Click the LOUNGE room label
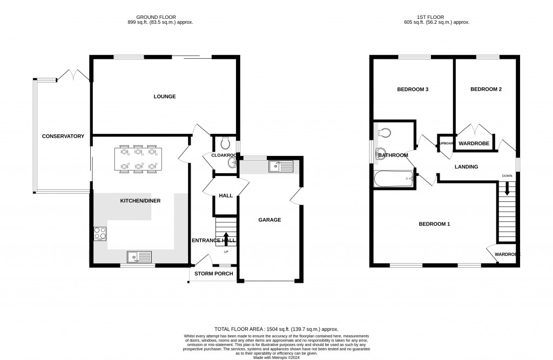(x=165, y=97)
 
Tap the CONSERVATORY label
(x=63, y=137)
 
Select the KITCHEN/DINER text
(x=140, y=201)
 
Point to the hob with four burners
(x=100, y=233)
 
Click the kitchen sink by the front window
(x=140, y=257)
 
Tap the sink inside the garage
(x=280, y=166)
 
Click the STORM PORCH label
(x=213, y=274)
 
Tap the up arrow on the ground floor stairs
(x=226, y=236)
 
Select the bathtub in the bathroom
(x=394, y=178)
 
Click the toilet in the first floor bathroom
(x=383, y=132)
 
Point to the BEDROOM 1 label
(x=435, y=224)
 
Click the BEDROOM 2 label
(x=486, y=89)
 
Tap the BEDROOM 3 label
(x=413, y=89)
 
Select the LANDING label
(x=466, y=167)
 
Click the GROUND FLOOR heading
(x=156, y=17)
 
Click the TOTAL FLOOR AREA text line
(x=276, y=329)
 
